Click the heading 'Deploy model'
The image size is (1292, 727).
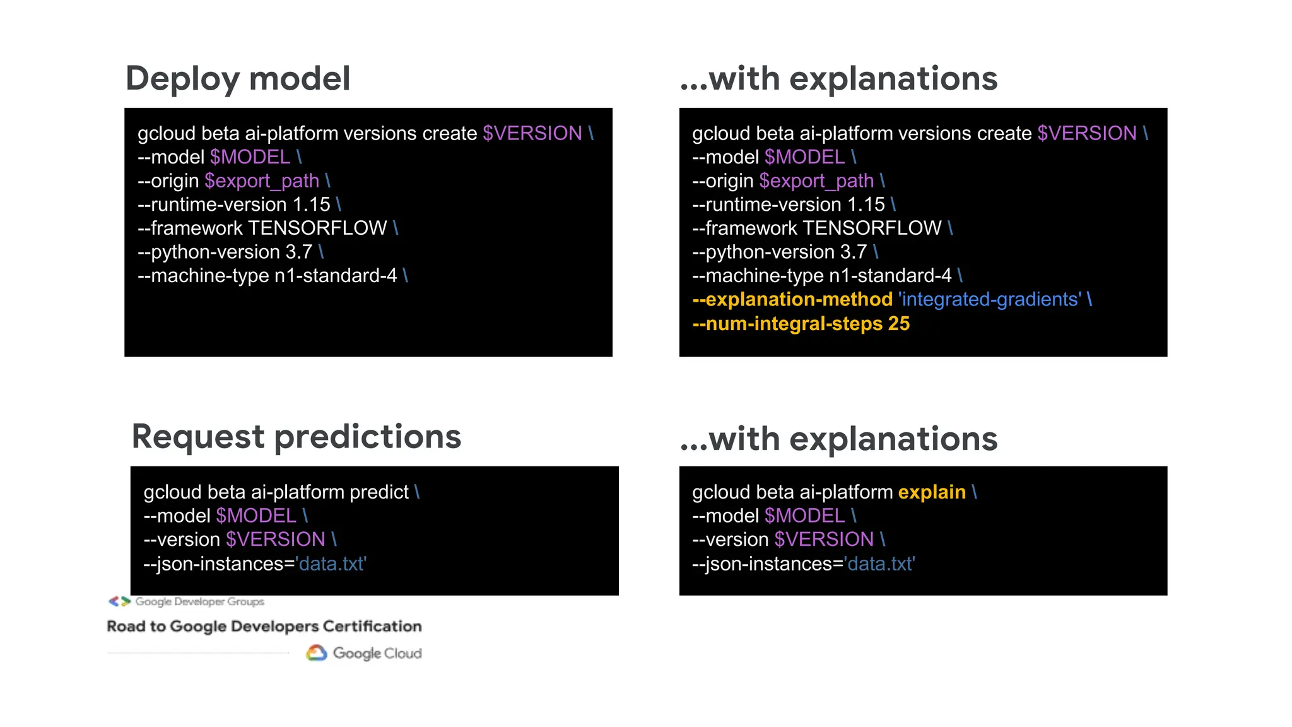(237, 79)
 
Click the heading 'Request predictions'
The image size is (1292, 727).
(296, 437)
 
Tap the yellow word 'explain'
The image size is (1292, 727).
(931, 492)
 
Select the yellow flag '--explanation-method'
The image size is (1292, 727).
(792, 299)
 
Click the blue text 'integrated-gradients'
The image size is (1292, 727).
(989, 299)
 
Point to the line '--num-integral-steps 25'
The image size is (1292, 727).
(801, 324)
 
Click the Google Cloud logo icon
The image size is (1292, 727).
(317, 653)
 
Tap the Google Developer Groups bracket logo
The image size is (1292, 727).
(119, 601)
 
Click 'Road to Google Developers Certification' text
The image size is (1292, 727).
(264, 626)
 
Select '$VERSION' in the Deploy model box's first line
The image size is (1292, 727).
(532, 133)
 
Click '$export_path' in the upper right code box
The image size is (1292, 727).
(816, 181)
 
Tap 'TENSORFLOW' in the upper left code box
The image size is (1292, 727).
(317, 228)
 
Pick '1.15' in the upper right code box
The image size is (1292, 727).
(866, 204)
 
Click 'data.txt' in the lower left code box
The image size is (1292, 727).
(331, 564)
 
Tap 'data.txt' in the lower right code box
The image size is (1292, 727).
(879, 564)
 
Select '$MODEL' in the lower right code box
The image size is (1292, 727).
(804, 516)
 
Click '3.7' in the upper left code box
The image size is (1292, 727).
(298, 252)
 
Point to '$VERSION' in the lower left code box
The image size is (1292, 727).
(275, 540)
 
